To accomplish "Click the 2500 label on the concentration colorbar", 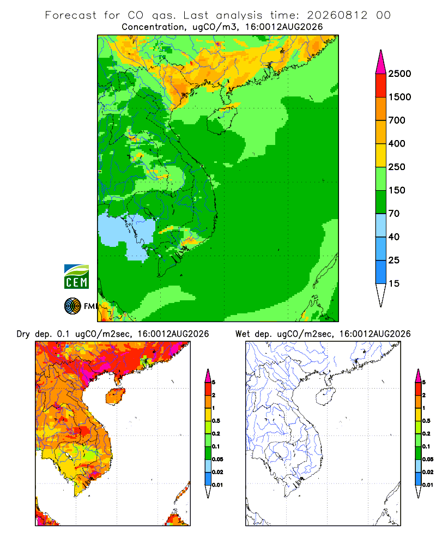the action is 399,74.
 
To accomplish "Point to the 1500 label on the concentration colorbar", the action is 399,97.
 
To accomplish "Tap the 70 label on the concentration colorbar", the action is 394,214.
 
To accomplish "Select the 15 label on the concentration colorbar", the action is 394,283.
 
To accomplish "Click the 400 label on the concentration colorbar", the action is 397,143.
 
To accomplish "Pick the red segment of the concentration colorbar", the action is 381,86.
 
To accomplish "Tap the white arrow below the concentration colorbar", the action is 381,295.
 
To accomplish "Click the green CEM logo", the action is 76,276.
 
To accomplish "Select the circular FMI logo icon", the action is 72,306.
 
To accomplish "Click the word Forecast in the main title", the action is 71,15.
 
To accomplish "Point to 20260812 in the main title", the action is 337,15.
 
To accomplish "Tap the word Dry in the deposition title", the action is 23,334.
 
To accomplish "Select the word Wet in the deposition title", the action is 243,334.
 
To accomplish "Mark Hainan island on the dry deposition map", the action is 115,396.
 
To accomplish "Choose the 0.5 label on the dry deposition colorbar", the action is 216,421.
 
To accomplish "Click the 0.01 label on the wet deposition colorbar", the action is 428,485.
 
